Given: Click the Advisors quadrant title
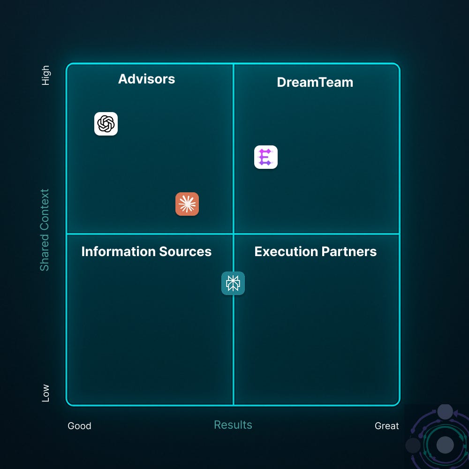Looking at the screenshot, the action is click(x=146, y=79).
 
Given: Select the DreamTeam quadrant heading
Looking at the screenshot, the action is click(x=315, y=83).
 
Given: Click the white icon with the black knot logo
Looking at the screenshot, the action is click(x=106, y=124).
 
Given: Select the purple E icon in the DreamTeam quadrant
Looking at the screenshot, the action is click(x=266, y=157).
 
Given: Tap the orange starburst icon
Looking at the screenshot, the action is click(x=187, y=204).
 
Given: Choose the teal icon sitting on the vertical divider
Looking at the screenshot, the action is click(x=233, y=283).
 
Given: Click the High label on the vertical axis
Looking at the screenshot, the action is click(x=45, y=75).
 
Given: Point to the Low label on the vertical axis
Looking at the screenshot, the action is click(x=45, y=393).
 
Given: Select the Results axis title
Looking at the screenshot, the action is click(x=233, y=425).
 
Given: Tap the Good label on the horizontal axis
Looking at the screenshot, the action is click(x=79, y=426).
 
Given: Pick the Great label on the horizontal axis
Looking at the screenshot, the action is click(x=387, y=426).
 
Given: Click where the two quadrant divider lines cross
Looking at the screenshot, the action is click(x=233, y=234).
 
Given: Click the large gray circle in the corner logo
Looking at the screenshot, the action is click(x=445, y=444).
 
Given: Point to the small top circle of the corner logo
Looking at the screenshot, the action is click(x=445, y=412).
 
